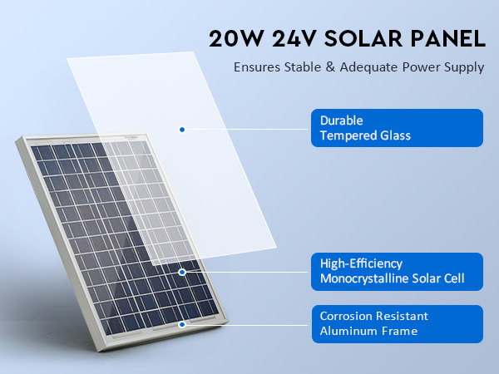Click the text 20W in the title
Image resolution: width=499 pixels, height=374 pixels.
(236, 39)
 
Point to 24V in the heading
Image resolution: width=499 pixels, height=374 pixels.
(294, 39)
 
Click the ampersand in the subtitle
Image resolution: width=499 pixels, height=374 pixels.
(331, 67)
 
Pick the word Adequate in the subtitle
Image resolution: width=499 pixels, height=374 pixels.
(368, 67)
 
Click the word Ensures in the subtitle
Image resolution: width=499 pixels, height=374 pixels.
(257, 67)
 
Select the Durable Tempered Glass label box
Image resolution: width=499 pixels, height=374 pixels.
(397, 128)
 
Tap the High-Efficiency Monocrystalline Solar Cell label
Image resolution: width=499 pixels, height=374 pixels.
(397, 272)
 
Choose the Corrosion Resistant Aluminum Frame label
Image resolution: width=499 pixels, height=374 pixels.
(398, 324)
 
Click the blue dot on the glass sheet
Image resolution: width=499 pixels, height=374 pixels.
(182, 130)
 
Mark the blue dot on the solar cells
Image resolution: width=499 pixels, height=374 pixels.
(182, 272)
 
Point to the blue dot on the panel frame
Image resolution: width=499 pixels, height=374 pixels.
(182, 324)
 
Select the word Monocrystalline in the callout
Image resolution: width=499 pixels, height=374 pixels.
(364, 278)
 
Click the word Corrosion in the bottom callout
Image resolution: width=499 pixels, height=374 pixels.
(344, 316)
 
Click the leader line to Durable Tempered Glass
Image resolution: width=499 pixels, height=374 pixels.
(246, 129)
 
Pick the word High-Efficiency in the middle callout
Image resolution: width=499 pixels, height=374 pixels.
(361, 263)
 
